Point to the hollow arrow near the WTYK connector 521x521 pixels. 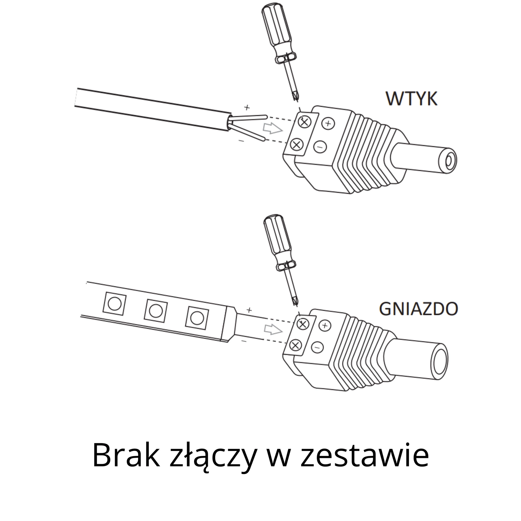pos(273,129)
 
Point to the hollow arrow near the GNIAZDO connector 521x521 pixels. pos(273,330)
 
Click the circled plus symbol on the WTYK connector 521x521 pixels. pos(328,123)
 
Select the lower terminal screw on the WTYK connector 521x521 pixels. pos(296,144)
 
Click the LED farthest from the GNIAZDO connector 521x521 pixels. pos(114,304)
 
